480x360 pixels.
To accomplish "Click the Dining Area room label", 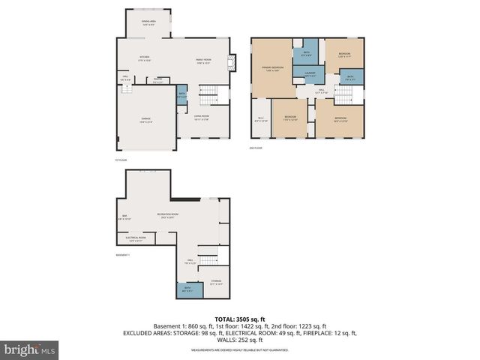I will point(148,23).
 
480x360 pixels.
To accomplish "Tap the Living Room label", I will point(201,117).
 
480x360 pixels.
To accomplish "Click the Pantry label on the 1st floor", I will point(158,79).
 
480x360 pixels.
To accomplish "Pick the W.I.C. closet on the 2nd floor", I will point(260,119).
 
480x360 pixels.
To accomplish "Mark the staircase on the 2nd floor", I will point(342,96).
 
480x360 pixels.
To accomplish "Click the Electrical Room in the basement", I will point(136,240).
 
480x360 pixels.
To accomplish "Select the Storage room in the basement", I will point(216,283).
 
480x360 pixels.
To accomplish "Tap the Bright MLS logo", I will point(30,349).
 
